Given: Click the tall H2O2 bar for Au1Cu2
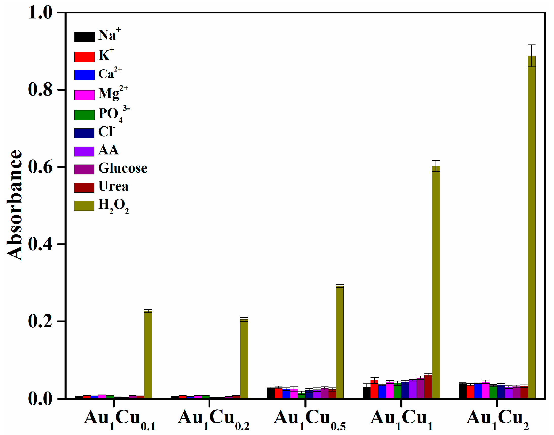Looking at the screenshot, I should click(x=531, y=227).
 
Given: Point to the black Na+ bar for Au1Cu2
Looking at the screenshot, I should click(x=462, y=391).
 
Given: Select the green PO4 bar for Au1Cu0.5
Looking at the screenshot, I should click(x=301, y=395).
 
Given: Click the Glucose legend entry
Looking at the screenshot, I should click(x=123, y=168).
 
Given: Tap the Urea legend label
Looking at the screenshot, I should click(x=113, y=186).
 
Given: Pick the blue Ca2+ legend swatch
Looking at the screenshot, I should click(x=84, y=75).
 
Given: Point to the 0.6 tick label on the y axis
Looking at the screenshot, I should click(x=40, y=167).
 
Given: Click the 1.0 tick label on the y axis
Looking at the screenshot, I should click(x=40, y=12).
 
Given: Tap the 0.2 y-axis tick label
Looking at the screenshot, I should click(x=40, y=322).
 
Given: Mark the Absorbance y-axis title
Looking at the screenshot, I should click(x=14, y=205).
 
